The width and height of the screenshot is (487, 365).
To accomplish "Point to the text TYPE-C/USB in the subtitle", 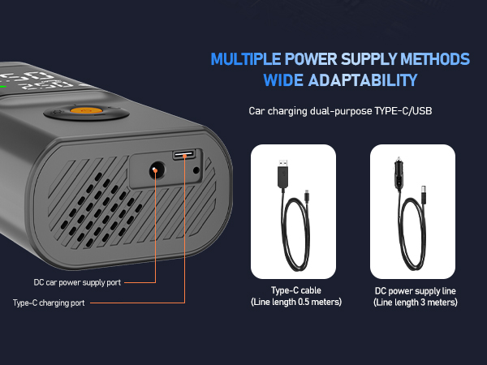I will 403,110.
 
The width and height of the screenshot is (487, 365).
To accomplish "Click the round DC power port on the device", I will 153,170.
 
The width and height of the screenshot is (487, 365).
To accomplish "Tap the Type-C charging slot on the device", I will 182,155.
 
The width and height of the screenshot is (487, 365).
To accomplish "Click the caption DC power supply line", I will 415,290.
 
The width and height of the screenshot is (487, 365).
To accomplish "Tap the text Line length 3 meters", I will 415,303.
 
